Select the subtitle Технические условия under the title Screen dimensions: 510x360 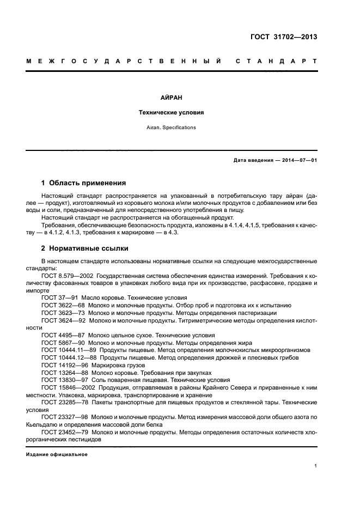click(x=172, y=113)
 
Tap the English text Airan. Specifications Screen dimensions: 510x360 click(x=172, y=127)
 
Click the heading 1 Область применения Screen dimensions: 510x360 click(x=84, y=183)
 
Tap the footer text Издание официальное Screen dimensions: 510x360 click(x=57, y=454)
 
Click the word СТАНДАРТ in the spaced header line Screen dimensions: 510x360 click(x=277, y=61)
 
